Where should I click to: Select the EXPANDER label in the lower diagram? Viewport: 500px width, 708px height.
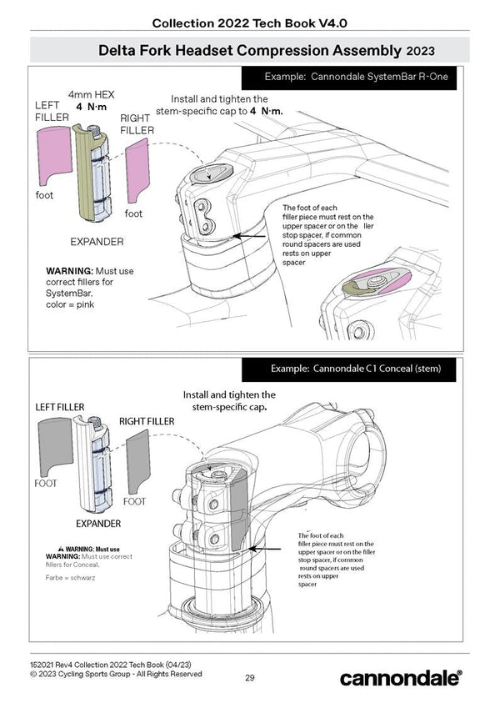click(99, 524)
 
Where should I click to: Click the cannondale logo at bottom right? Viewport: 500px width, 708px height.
click(400, 677)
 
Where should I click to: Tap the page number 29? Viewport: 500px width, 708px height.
click(250, 677)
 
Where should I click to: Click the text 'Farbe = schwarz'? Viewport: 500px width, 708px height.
click(70, 576)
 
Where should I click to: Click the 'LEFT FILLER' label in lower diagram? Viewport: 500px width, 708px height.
click(59, 406)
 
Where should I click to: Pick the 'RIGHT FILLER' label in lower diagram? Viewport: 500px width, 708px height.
click(147, 422)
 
